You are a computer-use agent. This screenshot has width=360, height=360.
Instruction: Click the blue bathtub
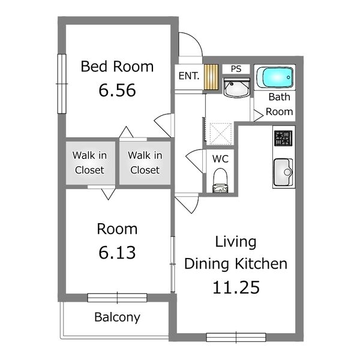point(275,77)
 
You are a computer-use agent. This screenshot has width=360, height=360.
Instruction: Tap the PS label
point(236,69)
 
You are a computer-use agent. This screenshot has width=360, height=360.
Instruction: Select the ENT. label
point(189,76)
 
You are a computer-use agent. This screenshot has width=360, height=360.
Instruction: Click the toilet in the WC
point(220,181)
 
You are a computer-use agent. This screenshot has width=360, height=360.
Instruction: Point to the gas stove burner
point(283,138)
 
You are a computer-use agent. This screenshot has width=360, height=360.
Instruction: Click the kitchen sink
point(283,172)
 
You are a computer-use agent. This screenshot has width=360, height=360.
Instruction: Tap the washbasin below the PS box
point(237,88)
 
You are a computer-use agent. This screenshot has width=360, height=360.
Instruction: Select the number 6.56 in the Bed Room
point(117,90)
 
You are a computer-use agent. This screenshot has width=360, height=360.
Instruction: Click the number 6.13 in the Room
point(117,253)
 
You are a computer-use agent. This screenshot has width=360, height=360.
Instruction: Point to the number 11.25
point(236,287)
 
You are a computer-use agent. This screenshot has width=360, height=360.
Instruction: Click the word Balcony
point(117,317)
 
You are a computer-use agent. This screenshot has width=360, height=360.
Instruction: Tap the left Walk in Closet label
point(89,163)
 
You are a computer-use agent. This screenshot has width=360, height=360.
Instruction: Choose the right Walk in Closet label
point(145,163)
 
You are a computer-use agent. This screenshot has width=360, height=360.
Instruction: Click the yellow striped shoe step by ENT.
point(211,77)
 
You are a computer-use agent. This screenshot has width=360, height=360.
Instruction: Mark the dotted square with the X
point(220,134)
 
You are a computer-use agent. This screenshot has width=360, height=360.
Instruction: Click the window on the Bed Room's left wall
point(62,84)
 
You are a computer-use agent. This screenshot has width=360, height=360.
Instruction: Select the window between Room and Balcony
point(117,298)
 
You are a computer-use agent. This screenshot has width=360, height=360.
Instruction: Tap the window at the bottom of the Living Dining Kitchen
point(236,337)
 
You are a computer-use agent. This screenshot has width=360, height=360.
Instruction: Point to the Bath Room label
point(280,104)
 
